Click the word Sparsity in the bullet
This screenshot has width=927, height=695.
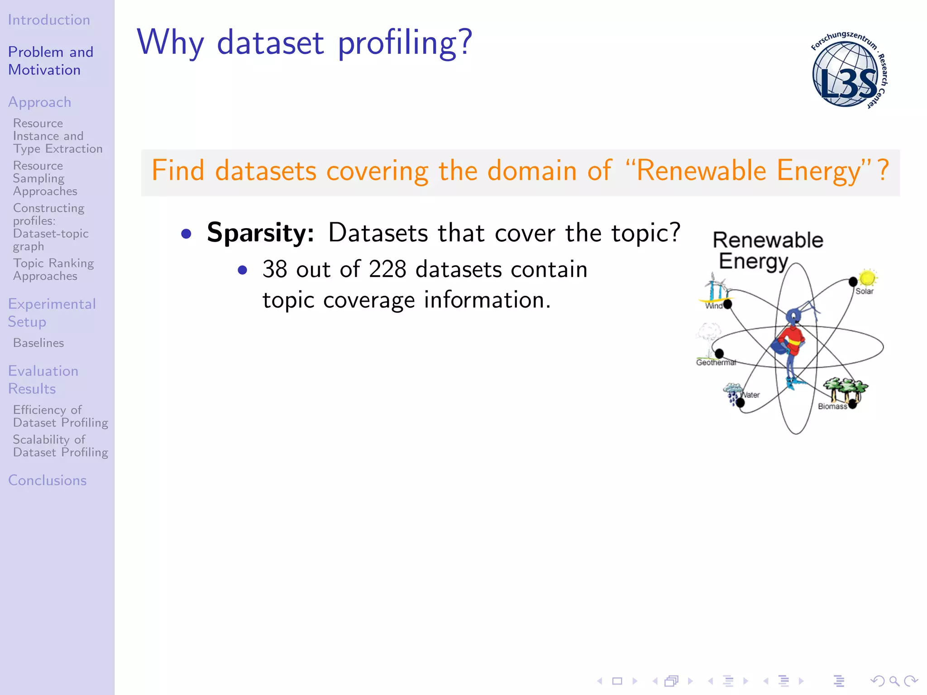click(x=260, y=233)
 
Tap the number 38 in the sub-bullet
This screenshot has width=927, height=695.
click(x=275, y=270)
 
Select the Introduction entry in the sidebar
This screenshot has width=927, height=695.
click(x=49, y=20)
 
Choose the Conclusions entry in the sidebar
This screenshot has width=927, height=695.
click(x=47, y=480)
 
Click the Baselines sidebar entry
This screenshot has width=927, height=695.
click(x=38, y=343)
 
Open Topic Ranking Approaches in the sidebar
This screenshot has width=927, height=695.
click(x=53, y=270)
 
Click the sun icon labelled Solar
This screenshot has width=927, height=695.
click(x=867, y=277)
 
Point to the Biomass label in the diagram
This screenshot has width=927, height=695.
click(x=832, y=406)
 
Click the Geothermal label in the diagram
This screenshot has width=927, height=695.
click(x=716, y=362)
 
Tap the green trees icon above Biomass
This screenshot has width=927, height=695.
click(x=845, y=387)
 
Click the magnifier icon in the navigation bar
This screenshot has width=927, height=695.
click(x=894, y=681)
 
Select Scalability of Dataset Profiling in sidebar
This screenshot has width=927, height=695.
click(x=60, y=446)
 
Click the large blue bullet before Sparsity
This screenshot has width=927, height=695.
click(x=186, y=234)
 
